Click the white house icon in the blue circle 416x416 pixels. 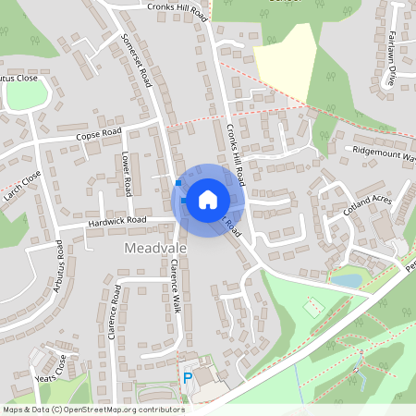point(208,199)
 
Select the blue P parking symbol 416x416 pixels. point(188,378)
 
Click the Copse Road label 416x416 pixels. point(99,136)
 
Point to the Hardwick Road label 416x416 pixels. point(117,221)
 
